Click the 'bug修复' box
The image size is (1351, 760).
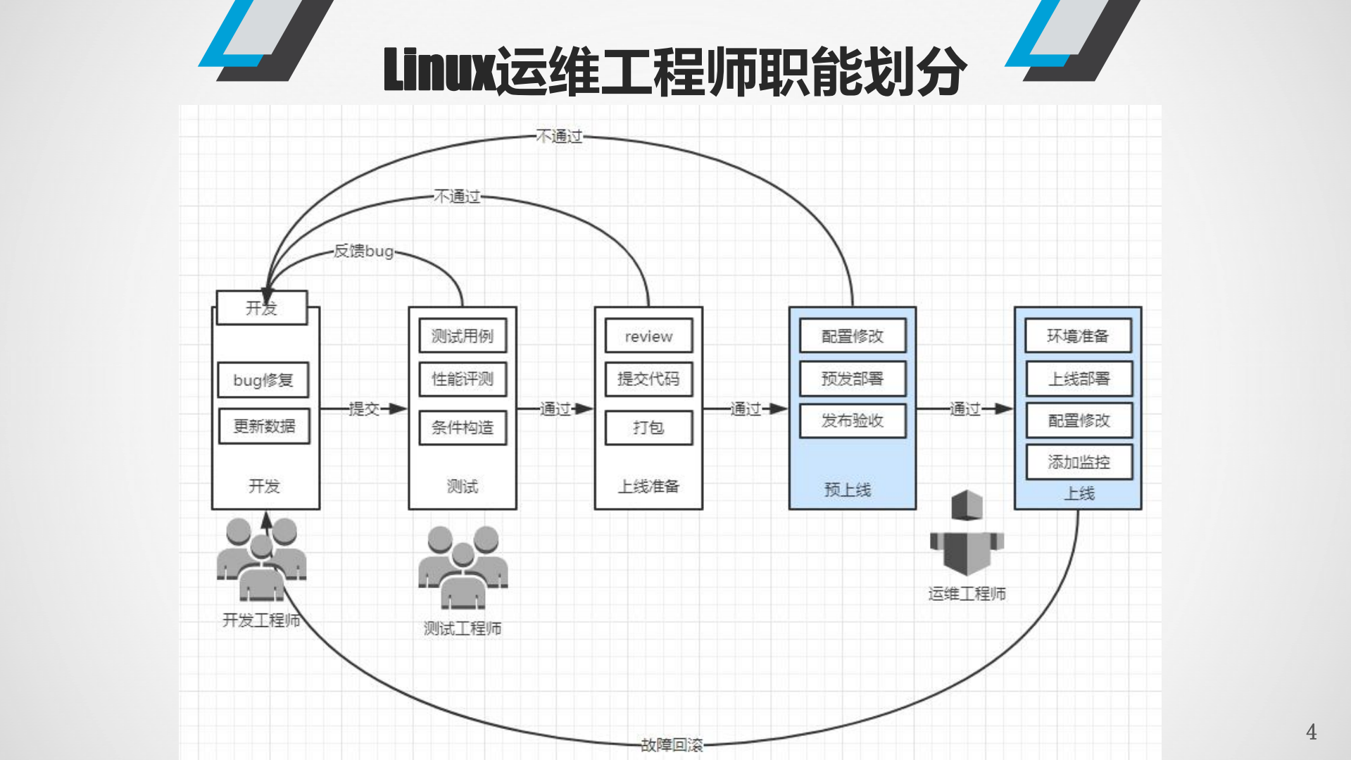point(263,380)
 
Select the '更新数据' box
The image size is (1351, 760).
point(264,426)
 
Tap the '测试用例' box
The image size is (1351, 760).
point(463,336)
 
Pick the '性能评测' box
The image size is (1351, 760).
point(463,379)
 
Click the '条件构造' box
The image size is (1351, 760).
point(463,428)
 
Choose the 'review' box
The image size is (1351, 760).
point(648,336)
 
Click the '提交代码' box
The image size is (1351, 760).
point(648,379)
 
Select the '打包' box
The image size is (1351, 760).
point(648,428)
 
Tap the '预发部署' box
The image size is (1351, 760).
point(852,379)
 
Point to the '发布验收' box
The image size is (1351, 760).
point(852,421)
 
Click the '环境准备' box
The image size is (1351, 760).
point(1078,336)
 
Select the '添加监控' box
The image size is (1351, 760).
point(1079,462)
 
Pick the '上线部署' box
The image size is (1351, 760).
point(1079,379)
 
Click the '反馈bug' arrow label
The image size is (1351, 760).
point(363,251)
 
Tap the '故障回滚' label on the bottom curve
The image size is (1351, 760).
point(672,745)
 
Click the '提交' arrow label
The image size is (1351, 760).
point(364,409)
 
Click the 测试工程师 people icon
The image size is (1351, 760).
point(463,568)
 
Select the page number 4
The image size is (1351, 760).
point(1311,732)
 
